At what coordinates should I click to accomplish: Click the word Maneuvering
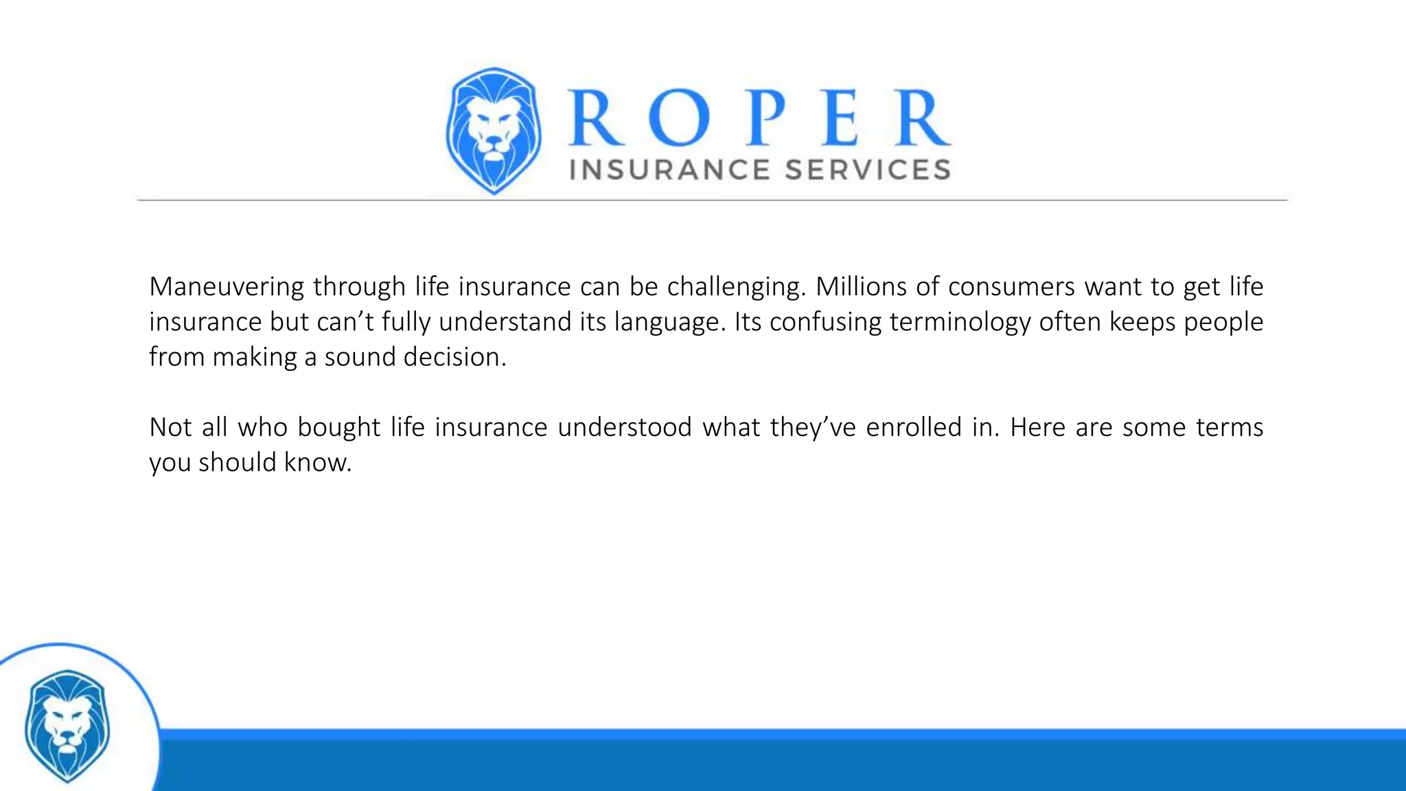click(226, 287)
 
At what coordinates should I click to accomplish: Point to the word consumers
click(1011, 286)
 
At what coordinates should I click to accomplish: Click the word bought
click(338, 428)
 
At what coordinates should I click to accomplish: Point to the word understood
click(625, 428)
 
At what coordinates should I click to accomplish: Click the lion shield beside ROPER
click(494, 130)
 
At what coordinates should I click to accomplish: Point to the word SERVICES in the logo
click(868, 170)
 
